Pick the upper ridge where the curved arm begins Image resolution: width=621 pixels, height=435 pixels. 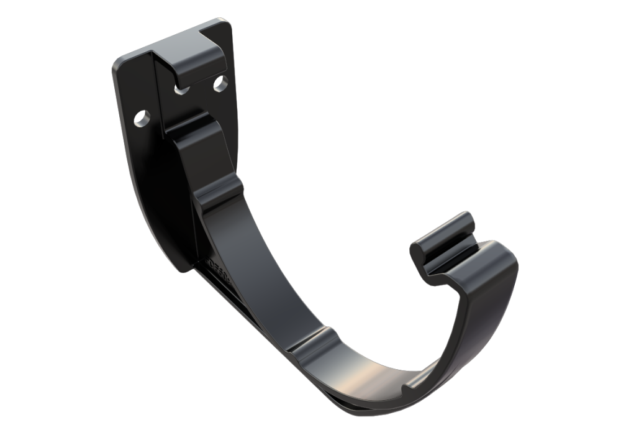click(217, 190)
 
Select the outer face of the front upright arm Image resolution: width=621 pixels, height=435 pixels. click(491, 311)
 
